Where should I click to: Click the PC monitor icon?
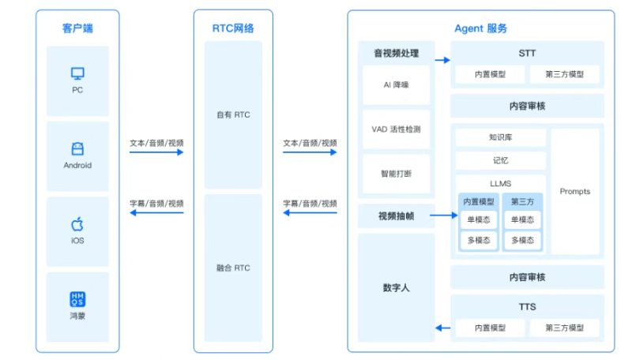click(77, 73)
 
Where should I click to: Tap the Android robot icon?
click(77, 148)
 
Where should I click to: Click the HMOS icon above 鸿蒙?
click(77, 299)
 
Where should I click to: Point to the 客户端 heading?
click(77, 29)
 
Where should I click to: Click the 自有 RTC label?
click(233, 114)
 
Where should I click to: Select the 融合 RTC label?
click(233, 268)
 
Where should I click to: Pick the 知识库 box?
click(500, 137)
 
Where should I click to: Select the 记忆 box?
click(500, 160)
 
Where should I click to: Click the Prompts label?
click(574, 192)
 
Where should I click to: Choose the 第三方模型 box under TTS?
click(564, 328)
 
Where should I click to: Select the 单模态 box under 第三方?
click(522, 220)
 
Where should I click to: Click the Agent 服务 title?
click(480, 29)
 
